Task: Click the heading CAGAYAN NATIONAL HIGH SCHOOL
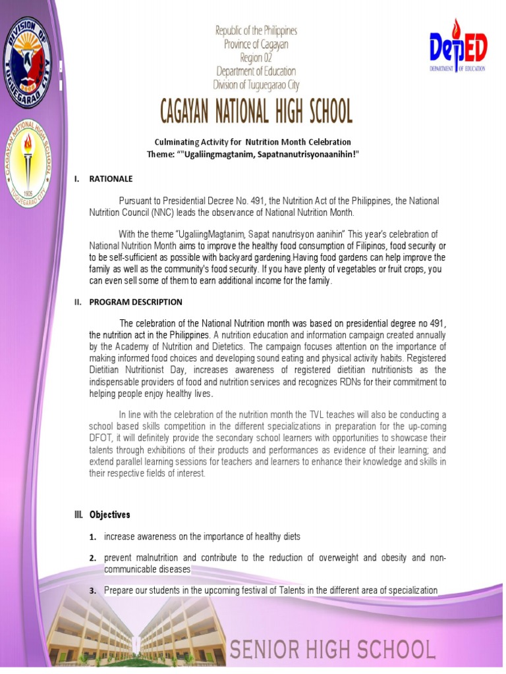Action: [x=256, y=113]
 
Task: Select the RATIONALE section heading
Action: [x=111, y=178]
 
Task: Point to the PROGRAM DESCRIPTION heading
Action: [x=136, y=302]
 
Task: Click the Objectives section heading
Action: [x=110, y=515]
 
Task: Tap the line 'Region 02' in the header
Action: [x=256, y=57]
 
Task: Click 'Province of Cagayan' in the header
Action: [x=256, y=44]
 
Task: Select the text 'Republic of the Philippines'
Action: [x=256, y=31]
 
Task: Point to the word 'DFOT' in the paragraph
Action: [x=101, y=438]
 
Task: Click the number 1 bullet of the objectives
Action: [x=94, y=537]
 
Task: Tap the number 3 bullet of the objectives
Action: [x=94, y=591]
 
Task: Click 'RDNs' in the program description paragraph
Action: [x=347, y=382]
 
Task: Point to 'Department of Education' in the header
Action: [x=256, y=71]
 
